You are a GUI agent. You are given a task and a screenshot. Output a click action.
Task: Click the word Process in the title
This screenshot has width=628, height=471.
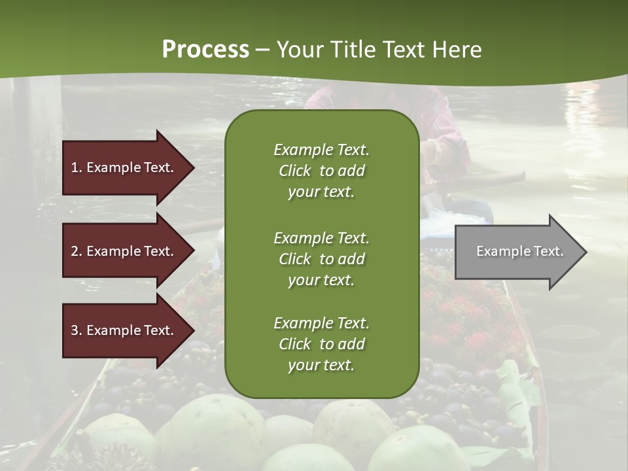[x=205, y=50]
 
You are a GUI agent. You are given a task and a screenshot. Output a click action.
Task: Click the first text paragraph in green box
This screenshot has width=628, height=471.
[x=321, y=171]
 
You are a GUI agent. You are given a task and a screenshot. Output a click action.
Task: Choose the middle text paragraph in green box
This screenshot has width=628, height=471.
[x=321, y=259]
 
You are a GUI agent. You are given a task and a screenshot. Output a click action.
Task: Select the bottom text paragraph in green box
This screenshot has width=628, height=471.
[x=321, y=344]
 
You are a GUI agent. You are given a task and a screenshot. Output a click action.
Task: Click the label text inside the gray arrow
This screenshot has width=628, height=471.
[x=519, y=251]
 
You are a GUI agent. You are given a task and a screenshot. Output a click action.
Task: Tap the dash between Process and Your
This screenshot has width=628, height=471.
[x=263, y=50]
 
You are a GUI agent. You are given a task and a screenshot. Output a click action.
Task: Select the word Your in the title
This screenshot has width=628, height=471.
[x=300, y=50]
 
